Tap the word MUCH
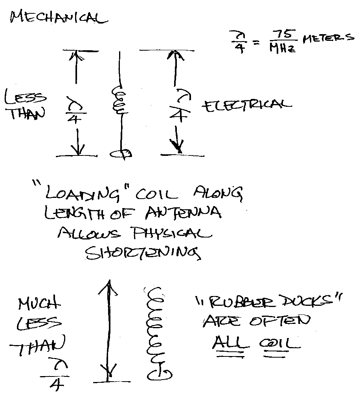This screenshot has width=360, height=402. click(39, 305)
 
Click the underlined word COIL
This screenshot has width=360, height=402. click(279, 344)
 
